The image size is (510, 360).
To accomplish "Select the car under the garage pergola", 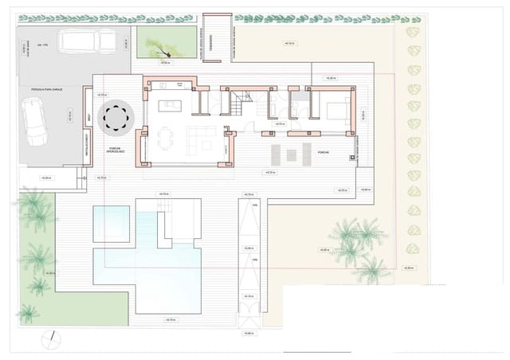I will tap(34, 127).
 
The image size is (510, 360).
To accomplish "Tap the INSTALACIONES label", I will tap(86, 148).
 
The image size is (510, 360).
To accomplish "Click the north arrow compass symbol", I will tap(51, 338).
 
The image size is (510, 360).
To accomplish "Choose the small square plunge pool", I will tap(110, 223).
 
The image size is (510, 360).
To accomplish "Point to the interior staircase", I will tap(242, 103).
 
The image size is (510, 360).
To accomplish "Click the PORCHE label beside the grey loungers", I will tap(322, 151).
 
